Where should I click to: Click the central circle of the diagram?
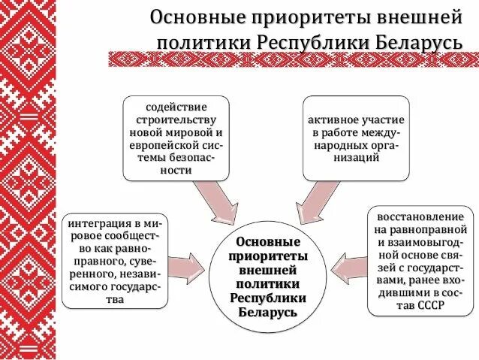tap(267, 277)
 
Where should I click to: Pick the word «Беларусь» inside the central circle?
tap(268, 311)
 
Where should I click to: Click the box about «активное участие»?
tap(357, 138)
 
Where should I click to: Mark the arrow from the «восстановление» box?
tap(348, 268)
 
